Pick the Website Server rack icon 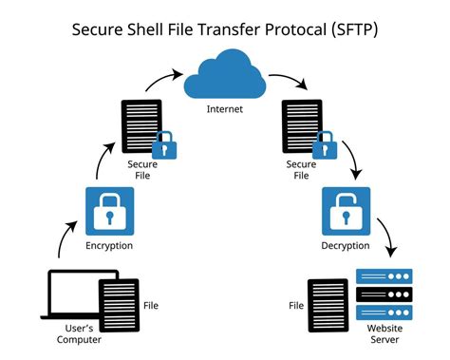384,297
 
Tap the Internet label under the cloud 225,110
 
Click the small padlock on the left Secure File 164,145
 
